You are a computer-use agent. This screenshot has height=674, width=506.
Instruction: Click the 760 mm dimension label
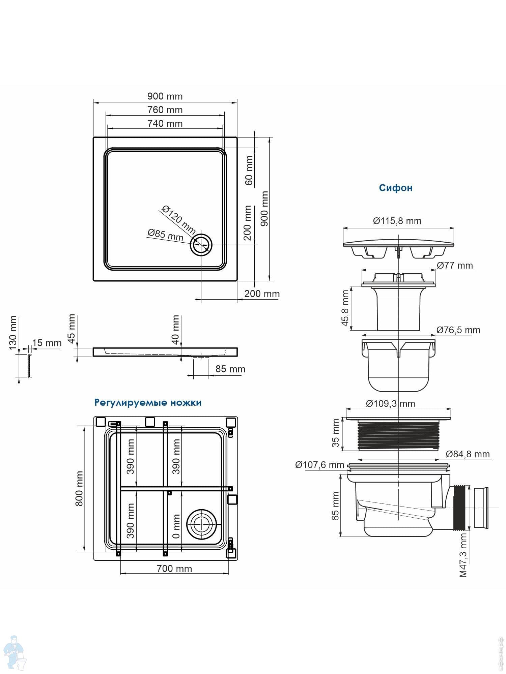pyautogui.click(x=165, y=110)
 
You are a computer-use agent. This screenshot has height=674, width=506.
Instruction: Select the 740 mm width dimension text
pyautogui.click(x=165, y=124)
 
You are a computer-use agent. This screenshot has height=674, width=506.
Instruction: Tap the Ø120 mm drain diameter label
pyautogui.click(x=178, y=220)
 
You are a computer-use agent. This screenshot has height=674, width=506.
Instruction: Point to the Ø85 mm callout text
pyautogui.click(x=165, y=235)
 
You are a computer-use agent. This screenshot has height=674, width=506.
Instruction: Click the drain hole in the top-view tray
pyautogui.click(x=201, y=245)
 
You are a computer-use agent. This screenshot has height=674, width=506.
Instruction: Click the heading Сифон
pyautogui.click(x=395, y=188)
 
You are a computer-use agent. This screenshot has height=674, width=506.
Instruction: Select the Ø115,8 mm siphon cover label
pyautogui.click(x=397, y=221)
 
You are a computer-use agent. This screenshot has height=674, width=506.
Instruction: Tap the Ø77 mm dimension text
pyautogui.click(x=455, y=266)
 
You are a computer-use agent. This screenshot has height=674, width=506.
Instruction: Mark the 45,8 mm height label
pyautogui.click(x=345, y=308)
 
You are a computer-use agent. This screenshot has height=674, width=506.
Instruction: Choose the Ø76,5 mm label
pyautogui.click(x=458, y=330)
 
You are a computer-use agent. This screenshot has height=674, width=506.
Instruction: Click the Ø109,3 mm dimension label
pyautogui.click(x=390, y=403)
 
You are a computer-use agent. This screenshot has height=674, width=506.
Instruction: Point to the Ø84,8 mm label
pyautogui.click(x=468, y=454)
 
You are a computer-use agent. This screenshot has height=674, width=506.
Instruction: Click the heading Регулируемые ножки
pyautogui.click(x=148, y=402)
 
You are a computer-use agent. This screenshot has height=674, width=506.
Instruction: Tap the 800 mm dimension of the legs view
pyautogui.click(x=79, y=489)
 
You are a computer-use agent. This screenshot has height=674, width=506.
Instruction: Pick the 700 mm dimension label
pyautogui.click(x=174, y=569)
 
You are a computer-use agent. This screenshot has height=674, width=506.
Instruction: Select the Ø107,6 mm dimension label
pyautogui.click(x=319, y=465)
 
